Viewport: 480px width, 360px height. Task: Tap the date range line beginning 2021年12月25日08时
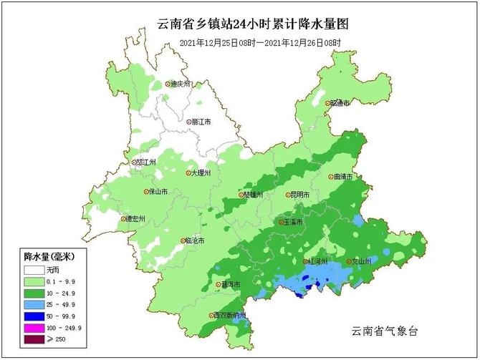tap(259, 43)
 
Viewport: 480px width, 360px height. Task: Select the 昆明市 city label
tap(299, 195)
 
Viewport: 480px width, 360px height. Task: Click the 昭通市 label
tap(340, 103)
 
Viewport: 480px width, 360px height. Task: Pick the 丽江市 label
tap(202, 122)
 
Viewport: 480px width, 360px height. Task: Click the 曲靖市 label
tap(343, 177)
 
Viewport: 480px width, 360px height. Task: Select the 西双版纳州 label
tap(229, 316)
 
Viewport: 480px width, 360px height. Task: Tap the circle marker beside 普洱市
tap(219, 285)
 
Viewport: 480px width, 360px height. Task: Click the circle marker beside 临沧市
tap(183, 241)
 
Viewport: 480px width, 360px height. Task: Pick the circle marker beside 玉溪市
tap(282, 223)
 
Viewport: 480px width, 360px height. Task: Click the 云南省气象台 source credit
tap(384, 331)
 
